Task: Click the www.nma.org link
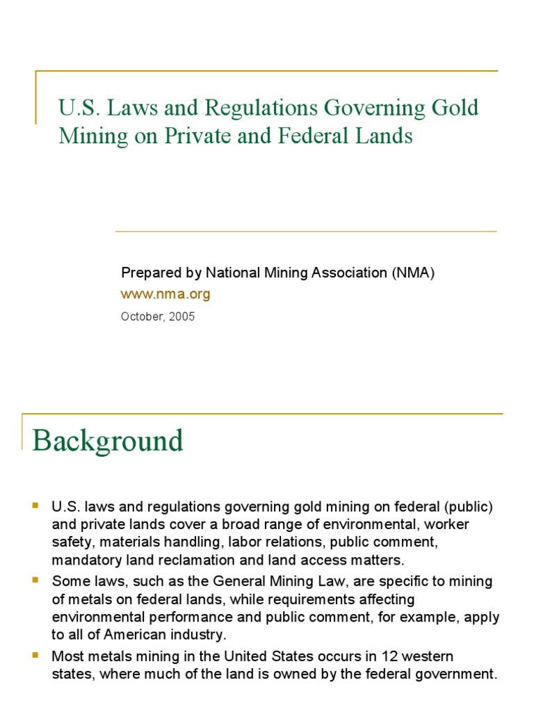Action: [x=165, y=294]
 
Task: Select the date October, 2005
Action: [x=158, y=316]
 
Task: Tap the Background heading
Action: [x=108, y=441]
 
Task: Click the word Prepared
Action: [x=147, y=273]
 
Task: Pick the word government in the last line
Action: [x=459, y=673]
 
